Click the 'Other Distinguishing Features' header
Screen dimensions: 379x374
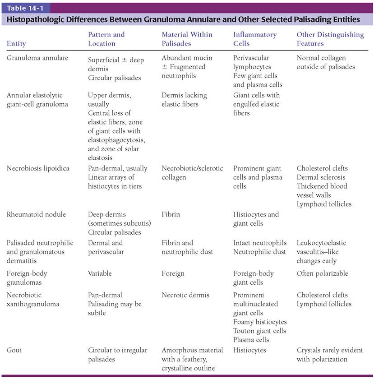(330, 39)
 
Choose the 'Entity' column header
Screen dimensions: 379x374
(16, 44)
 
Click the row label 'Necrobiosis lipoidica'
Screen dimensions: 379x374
(38, 168)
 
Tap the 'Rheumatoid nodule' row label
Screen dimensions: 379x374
(36, 214)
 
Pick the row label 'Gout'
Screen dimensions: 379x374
(14, 350)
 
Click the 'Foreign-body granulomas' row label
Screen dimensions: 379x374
(27, 278)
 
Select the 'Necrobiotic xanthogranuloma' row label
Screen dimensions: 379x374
(30, 300)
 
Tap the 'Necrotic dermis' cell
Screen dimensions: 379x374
(185, 295)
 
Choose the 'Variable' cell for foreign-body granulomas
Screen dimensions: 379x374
(100, 273)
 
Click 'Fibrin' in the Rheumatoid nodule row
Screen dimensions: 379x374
(171, 214)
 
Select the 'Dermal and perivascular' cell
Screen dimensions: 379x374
(106, 247)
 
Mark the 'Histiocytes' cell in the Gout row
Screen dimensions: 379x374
(249, 350)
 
